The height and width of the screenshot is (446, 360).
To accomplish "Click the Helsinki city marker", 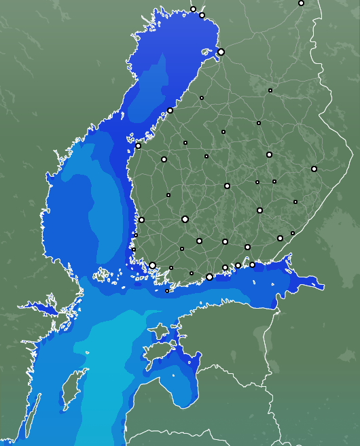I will [209, 277].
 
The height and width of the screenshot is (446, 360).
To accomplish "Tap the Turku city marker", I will [153, 265].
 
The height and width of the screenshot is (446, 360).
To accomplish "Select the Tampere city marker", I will [185, 219].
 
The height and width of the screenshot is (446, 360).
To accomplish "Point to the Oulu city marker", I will [221, 52].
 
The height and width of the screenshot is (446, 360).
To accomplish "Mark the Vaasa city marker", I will [139, 145].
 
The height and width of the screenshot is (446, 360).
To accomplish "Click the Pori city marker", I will [141, 220].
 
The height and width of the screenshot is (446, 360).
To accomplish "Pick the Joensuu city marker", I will [314, 169].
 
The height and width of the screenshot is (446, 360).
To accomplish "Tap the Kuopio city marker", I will [269, 154].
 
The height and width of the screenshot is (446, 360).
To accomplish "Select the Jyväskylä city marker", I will [227, 186].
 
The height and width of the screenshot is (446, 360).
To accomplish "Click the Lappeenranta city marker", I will [280, 238].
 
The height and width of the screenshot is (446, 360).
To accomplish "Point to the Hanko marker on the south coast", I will [167, 291].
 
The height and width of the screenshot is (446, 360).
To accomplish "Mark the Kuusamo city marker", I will [301, 3].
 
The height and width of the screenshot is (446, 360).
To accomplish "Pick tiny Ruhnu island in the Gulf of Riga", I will [173, 375].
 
